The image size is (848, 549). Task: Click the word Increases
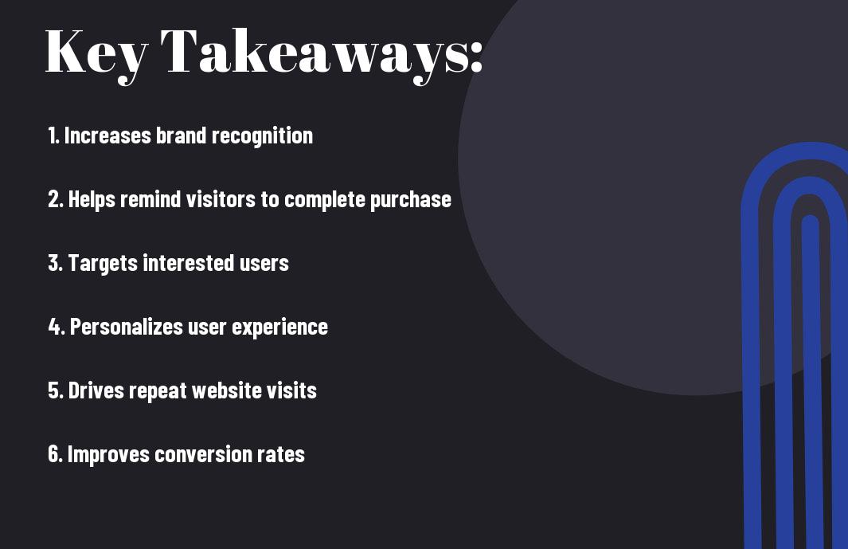click(107, 135)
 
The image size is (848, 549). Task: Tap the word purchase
click(411, 200)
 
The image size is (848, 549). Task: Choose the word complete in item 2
click(325, 200)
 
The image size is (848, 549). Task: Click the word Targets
click(103, 264)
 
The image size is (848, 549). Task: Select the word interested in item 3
click(189, 263)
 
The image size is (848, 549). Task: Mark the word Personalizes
click(127, 327)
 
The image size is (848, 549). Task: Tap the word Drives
click(96, 390)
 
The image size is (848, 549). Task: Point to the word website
click(227, 390)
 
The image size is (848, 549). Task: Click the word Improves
click(108, 455)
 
